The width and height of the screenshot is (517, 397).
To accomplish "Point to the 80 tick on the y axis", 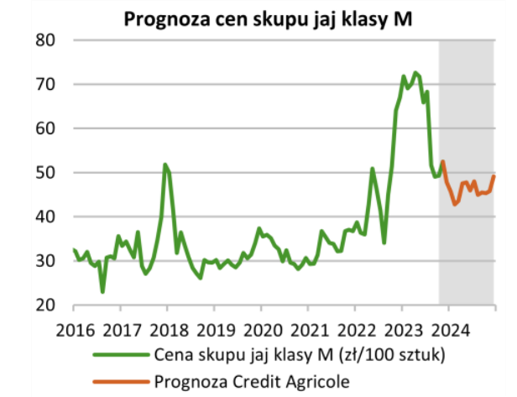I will click(44, 40).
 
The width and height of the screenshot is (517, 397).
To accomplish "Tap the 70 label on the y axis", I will click(44, 85).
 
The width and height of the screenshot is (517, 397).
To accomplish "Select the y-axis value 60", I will click(44, 128).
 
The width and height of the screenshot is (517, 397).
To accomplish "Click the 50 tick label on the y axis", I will click(44, 173).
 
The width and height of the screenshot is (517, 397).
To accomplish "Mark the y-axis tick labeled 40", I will click(44, 217).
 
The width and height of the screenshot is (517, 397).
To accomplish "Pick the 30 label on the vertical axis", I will click(44, 261).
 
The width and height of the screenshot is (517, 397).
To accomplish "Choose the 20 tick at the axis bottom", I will click(44, 305).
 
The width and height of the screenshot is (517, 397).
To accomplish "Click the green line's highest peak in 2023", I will click(415, 72).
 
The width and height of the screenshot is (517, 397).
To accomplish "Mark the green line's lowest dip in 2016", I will click(102, 292).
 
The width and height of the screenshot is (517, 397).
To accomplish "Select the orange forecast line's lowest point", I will click(455, 204).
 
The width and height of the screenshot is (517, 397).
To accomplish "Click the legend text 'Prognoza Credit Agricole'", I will click(252, 380).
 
